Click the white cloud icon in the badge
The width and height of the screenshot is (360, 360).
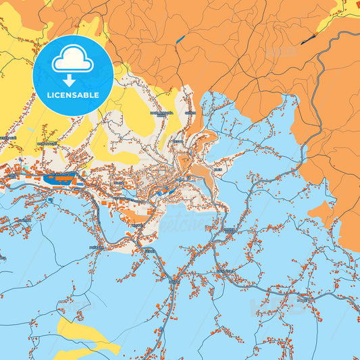(x=72, y=61)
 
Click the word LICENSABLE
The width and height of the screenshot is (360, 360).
(x=72, y=95)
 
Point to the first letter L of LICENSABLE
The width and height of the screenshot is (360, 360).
(x=49, y=95)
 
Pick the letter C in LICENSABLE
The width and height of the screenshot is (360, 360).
(x=59, y=95)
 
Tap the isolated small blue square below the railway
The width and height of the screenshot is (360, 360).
(x=51, y=200)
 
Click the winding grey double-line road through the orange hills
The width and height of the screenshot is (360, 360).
(x=317, y=101)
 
